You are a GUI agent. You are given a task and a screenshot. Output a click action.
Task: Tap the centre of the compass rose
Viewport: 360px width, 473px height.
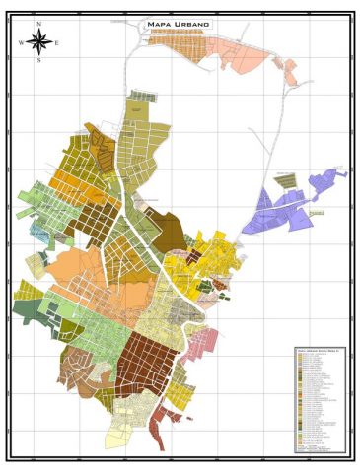click(38, 41)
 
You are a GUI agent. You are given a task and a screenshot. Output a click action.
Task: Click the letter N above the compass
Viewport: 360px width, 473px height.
click(38, 23)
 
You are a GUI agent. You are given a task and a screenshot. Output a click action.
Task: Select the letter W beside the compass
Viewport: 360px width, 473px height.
click(21, 42)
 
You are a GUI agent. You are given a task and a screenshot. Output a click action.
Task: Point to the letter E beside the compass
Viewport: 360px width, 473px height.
click(57, 42)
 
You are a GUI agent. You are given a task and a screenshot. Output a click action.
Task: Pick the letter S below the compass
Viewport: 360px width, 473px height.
click(38, 61)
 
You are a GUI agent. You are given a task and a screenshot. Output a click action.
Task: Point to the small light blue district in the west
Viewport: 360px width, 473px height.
click(39, 235)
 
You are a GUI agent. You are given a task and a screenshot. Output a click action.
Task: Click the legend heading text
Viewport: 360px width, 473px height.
click(315, 350)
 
